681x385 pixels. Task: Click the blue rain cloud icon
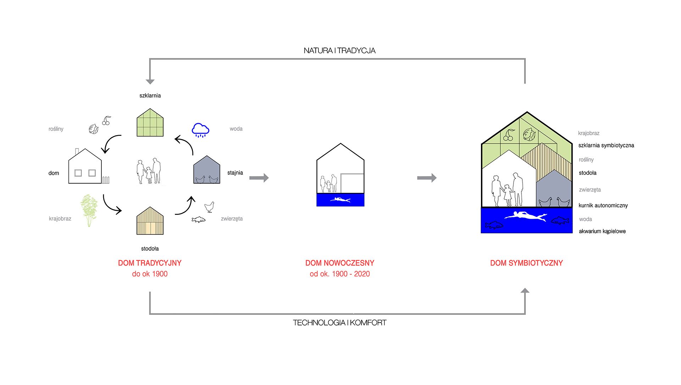coord(200,130)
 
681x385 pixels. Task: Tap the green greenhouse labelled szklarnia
coord(150,123)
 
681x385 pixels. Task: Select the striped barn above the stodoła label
coord(150,222)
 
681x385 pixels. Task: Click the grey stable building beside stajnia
coord(206,171)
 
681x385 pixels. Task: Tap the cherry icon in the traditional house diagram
coord(106,121)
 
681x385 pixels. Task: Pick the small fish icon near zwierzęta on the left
coord(198,220)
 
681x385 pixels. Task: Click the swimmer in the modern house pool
coord(340,200)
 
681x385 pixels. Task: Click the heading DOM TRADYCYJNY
coord(150,263)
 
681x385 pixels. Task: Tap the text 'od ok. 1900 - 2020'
coord(340,274)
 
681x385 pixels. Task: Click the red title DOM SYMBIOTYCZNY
coord(526,263)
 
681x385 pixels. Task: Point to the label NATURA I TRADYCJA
coord(339,51)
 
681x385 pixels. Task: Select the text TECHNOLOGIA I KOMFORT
coord(339,323)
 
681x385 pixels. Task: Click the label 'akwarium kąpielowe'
coord(602,231)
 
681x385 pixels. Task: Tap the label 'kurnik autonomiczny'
coord(603,206)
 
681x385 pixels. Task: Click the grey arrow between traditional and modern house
coord(259,178)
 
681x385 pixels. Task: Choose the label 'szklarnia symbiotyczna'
coord(606,145)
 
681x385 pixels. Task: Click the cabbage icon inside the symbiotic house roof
coord(529,134)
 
